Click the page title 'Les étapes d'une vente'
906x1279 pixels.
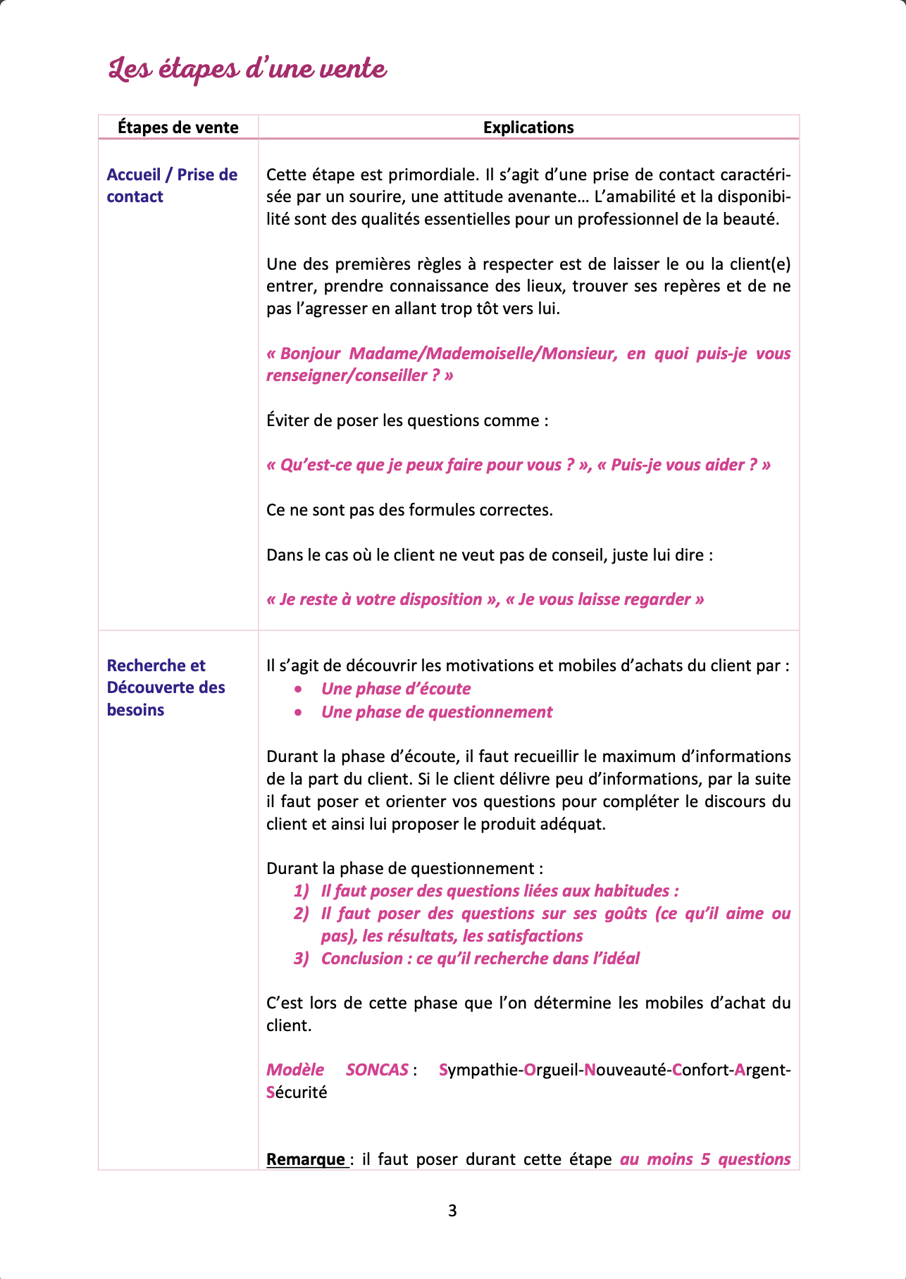pos(247,70)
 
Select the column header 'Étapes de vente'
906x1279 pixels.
pos(178,127)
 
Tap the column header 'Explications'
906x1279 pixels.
pos(528,127)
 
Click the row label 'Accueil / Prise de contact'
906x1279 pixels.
pos(172,185)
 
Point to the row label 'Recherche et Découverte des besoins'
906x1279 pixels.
pos(166,687)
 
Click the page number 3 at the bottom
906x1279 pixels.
pos(452,1211)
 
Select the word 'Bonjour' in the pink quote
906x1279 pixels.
pos(310,354)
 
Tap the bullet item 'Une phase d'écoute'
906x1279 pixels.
pos(396,689)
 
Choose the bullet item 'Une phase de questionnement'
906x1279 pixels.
pos(437,712)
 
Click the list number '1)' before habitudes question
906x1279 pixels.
pos(302,891)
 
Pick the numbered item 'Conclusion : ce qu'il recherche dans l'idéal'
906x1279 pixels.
pos(480,959)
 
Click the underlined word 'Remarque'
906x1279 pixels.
pos(306,1159)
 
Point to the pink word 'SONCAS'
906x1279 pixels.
pos(377,1070)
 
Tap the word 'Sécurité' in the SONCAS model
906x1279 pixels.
pos(297,1092)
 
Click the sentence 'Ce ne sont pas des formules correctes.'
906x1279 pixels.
pos(409,510)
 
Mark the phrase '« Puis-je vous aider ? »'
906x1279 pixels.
pos(683,465)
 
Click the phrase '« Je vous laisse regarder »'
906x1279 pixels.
pos(604,599)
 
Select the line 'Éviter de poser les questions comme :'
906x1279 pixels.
pos(407,420)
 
